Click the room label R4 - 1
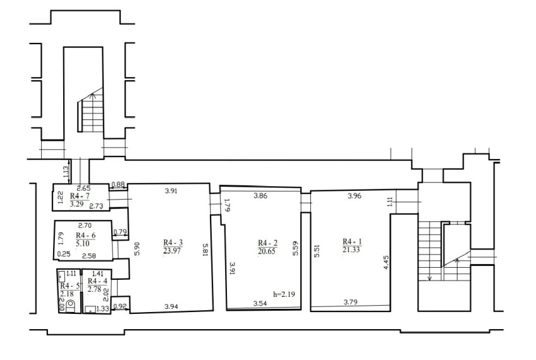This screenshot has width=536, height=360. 352,242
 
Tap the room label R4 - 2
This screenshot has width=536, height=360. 267,243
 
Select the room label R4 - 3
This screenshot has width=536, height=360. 173,243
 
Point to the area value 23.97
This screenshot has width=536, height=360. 172,251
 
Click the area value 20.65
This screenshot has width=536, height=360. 267,252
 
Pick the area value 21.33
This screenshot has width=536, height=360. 351,249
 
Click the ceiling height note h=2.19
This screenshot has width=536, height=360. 284,294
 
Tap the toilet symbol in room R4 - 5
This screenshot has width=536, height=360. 71,306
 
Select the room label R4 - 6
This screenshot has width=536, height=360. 85,236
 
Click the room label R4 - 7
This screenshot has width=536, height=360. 80,196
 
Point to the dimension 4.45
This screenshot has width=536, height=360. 386,263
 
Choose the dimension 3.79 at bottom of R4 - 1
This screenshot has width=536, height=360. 350,302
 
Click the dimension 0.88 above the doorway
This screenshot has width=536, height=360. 118,184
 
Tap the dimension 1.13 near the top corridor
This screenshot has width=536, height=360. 66,171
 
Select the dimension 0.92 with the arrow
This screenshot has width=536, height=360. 119,306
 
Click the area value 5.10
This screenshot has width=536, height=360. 83,244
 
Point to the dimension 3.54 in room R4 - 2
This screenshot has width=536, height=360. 260,303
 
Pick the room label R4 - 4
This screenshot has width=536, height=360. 97,281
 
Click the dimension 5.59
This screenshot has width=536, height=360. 296,248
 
